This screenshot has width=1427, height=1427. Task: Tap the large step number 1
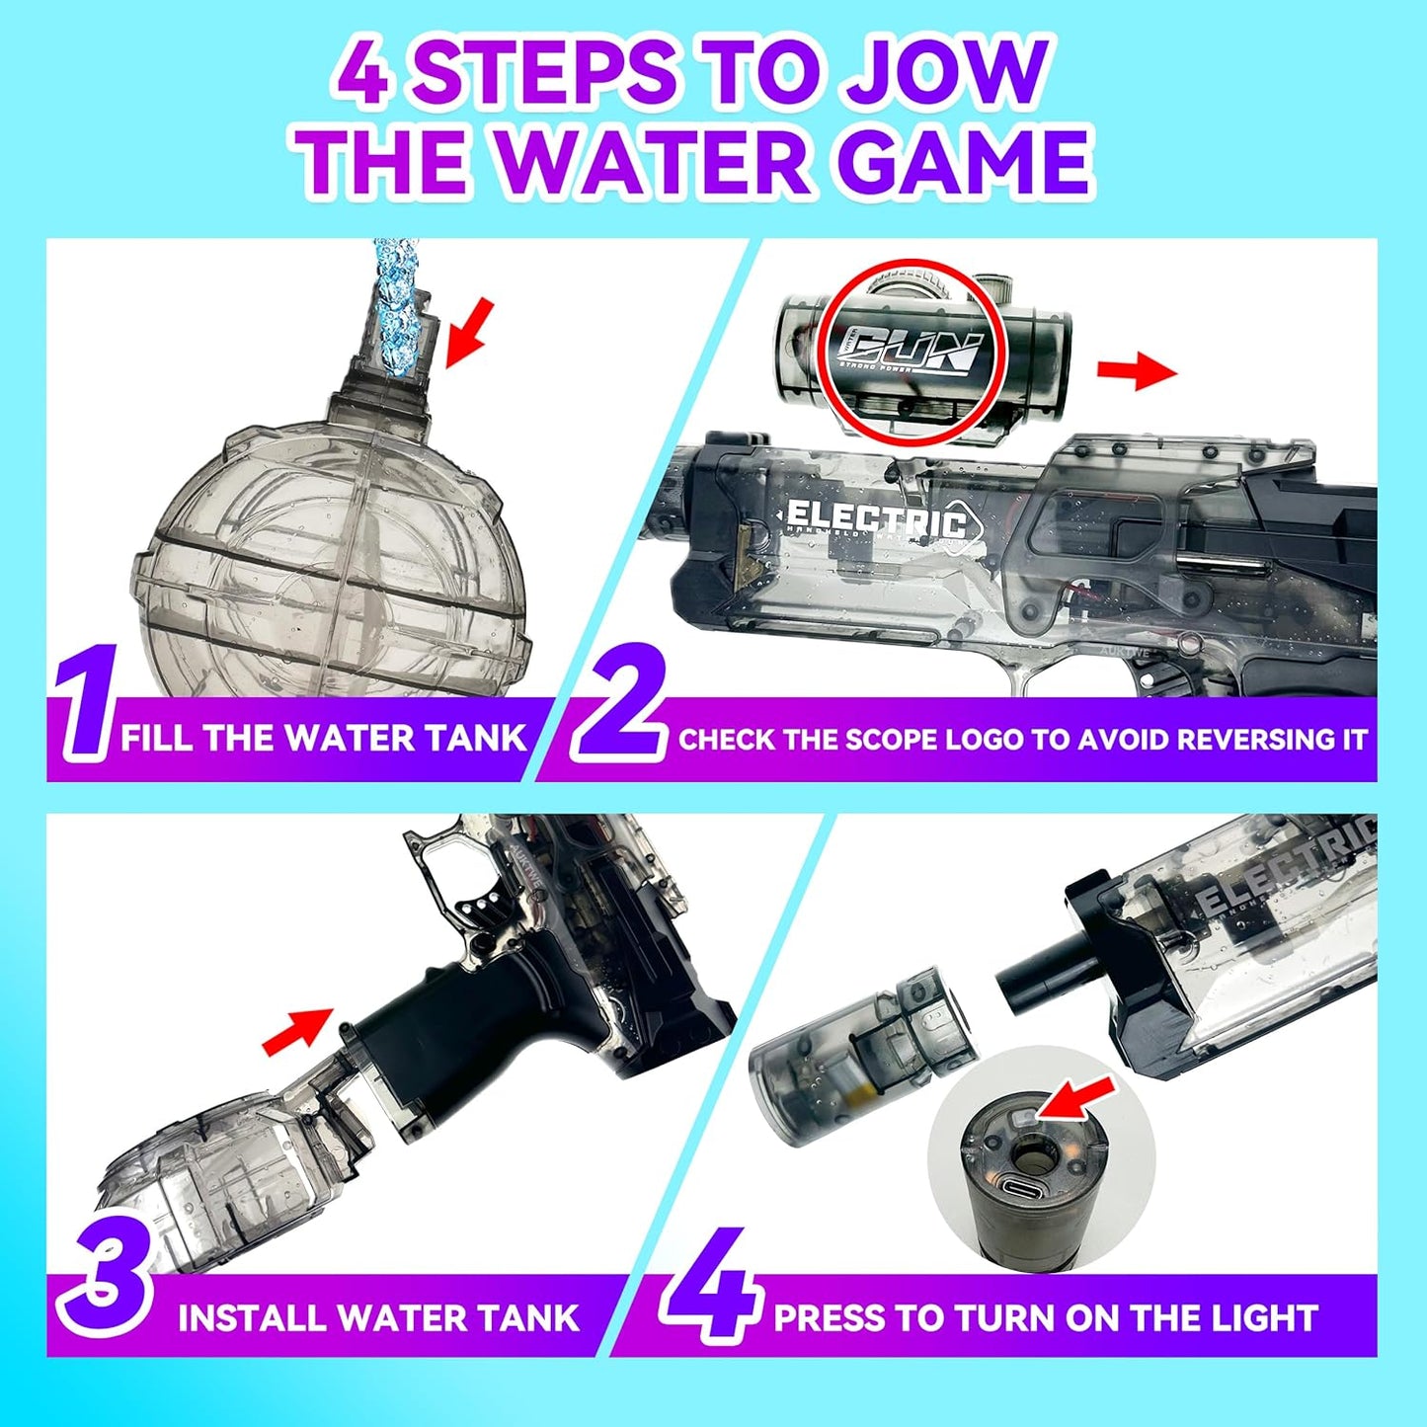click(x=85, y=703)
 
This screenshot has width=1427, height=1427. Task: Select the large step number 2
click(x=619, y=703)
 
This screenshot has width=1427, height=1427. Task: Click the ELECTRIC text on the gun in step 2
click(x=875, y=521)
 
